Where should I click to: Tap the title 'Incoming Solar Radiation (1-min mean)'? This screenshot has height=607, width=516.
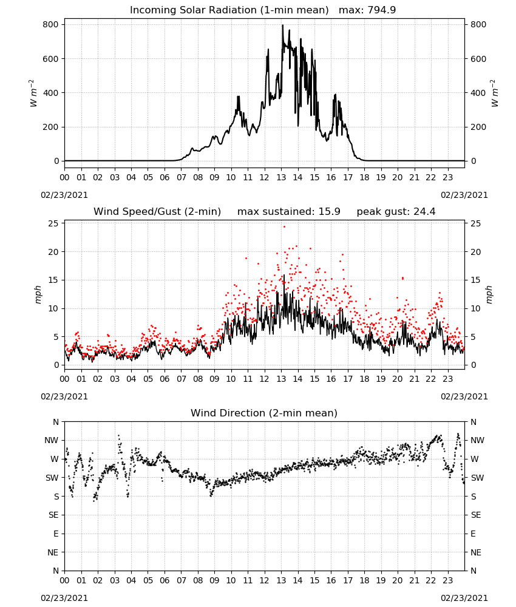click(229, 10)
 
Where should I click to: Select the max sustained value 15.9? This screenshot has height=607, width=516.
click(330, 212)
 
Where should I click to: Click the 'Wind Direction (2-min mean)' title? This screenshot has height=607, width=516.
click(264, 413)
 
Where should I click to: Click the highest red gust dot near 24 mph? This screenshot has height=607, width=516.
click(284, 226)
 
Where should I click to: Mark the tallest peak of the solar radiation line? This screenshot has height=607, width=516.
click(282, 25)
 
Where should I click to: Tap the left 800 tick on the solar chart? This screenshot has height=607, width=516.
click(51, 24)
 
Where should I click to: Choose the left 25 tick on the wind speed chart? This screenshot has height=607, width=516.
click(53, 223)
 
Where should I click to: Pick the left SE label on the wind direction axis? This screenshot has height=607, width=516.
click(53, 515)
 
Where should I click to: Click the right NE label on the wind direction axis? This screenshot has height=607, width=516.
click(476, 552)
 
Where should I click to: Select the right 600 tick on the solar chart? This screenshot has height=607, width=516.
click(478, 59)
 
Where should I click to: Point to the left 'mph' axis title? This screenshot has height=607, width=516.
click(38, 294)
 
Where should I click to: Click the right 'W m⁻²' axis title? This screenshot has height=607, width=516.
click(495, 93)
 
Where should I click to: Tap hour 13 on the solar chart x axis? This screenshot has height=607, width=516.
click(281, 177)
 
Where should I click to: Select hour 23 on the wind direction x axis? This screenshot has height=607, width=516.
click(447, 580)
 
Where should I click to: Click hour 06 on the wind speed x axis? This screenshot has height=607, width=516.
click(165, 379)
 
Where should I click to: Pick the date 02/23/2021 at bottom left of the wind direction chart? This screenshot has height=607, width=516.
click(64, 598)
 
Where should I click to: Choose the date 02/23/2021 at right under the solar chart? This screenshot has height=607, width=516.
click(464, 195)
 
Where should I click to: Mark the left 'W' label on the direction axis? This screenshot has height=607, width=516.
click(55, 459)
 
